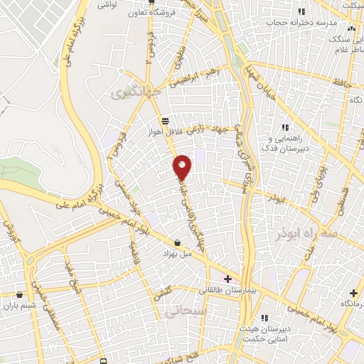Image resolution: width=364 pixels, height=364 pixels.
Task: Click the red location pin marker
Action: (x=183, y=166)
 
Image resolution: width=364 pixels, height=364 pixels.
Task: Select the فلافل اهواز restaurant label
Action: (x=164, y=132)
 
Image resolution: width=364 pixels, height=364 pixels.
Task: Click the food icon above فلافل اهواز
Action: (x=165, y=120)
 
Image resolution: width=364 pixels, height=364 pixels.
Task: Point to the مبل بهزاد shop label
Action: (x=177, y=253)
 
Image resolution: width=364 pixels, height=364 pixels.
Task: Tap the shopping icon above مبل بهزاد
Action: (x=177, y=242)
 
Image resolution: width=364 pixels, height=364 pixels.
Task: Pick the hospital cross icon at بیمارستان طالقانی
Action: (x=227, y=278)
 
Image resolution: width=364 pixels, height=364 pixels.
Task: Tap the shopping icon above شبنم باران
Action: (x=19, y=294)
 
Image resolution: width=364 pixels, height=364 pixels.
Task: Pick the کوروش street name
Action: (x=10, y=231)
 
